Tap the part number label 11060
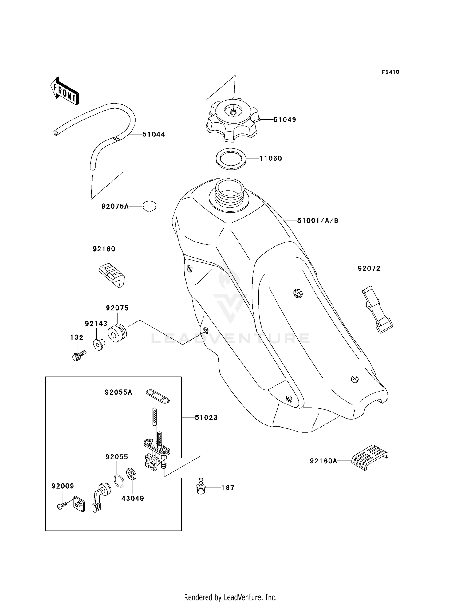(x=270, y=159)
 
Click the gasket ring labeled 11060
(x=231, y=159)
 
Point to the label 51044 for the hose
(x=154, y=135)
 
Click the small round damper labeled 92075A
(x=149, y=206)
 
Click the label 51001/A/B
(x=318, y=221)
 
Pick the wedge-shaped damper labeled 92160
(x=112, y=275)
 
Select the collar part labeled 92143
(x=99, y=345)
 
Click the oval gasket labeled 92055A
(x=157, y=396)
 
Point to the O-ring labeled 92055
(x=119, y=480)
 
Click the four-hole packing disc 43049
(x=131, y=474)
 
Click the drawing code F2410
(x=390, y=72)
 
